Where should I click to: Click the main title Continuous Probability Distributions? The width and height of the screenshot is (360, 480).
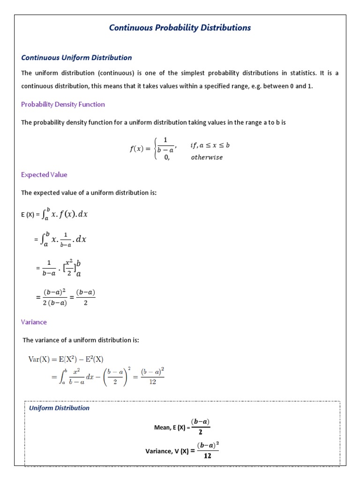click(x=180, y=28)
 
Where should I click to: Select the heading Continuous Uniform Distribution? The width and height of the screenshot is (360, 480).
click(x=76, y=58)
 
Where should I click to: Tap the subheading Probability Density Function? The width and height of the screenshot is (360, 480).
click(x=63, y=104)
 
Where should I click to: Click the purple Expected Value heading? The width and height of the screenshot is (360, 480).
click(x=44, y=174)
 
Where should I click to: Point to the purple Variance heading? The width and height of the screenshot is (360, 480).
click(x=34, y=322)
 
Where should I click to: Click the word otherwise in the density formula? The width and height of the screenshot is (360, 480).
click(x=207, y=157)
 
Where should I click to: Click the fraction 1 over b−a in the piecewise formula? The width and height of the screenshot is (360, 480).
click(x=166, y=145)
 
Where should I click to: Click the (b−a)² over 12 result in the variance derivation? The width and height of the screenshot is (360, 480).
click(x=152, y=377)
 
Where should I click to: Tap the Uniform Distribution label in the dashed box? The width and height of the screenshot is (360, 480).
click(x=59, y=408)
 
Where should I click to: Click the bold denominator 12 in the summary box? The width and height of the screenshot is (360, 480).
click(x=208, y=456)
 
